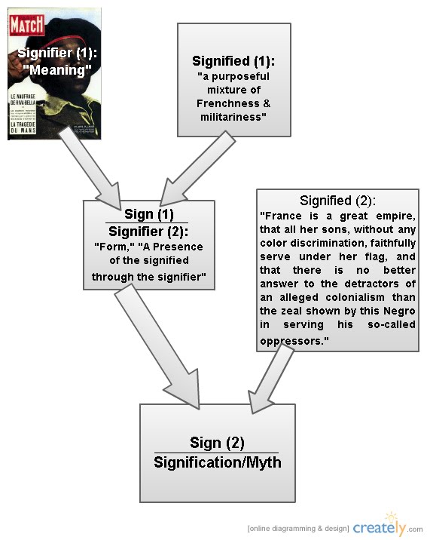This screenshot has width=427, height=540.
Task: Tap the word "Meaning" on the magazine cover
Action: click(x=54, y=69)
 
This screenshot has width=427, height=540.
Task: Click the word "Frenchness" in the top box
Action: click(x=222, y=103)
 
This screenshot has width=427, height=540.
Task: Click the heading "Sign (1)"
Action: click(x=148, y=214)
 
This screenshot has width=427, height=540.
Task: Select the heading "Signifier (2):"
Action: click(x=148, y=232)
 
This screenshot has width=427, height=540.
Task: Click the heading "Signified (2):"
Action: click(x=337, y=201)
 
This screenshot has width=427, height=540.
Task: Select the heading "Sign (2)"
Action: click(x=217, y=443)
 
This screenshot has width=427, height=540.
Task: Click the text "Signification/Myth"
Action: click(x=217, y=461)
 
